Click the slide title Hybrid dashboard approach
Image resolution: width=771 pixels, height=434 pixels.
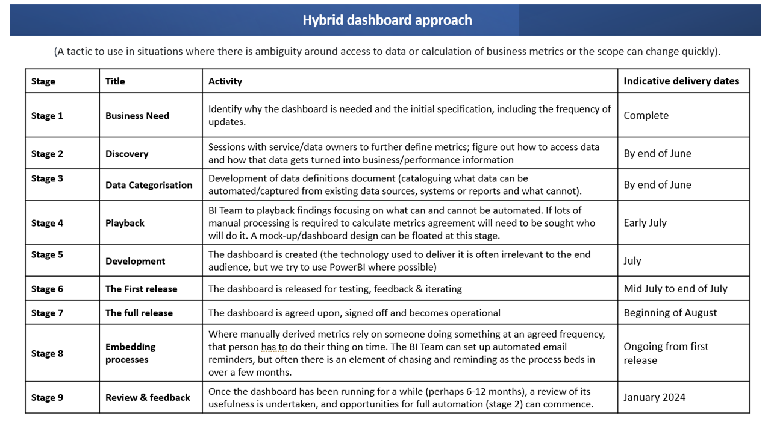(x=387, y=20)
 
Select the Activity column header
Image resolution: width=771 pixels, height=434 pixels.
(x=225, y=81)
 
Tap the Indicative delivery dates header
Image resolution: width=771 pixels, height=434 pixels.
(x=681, y=81)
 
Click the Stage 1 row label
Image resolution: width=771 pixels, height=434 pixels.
(x=47, y=115)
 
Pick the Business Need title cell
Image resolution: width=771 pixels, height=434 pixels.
(x=137, y=115)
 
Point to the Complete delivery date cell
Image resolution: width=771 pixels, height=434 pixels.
(x=646, y=115)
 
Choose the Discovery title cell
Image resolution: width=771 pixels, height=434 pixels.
(x=126, y=153)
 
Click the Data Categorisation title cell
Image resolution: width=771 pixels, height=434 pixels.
(x=149, y=185)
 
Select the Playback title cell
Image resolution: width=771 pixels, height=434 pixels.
(x=125, y=223)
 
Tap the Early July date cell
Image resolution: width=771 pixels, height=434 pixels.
(x=645, y=222)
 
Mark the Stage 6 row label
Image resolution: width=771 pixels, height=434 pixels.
(x=47, y=289)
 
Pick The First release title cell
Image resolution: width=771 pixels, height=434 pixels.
(x=141, y=289)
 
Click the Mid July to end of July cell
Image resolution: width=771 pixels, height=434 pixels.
(x=675, y=289)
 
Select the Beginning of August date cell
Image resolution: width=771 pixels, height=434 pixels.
(x=670, y=312)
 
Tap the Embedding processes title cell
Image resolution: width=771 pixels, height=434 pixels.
(x=130, y=353)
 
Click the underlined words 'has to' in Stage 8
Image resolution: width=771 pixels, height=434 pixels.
(x=274, y=347)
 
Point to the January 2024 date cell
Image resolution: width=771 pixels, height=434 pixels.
(x=654, y=397)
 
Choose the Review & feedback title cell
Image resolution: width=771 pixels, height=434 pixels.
(x=148, y=397)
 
